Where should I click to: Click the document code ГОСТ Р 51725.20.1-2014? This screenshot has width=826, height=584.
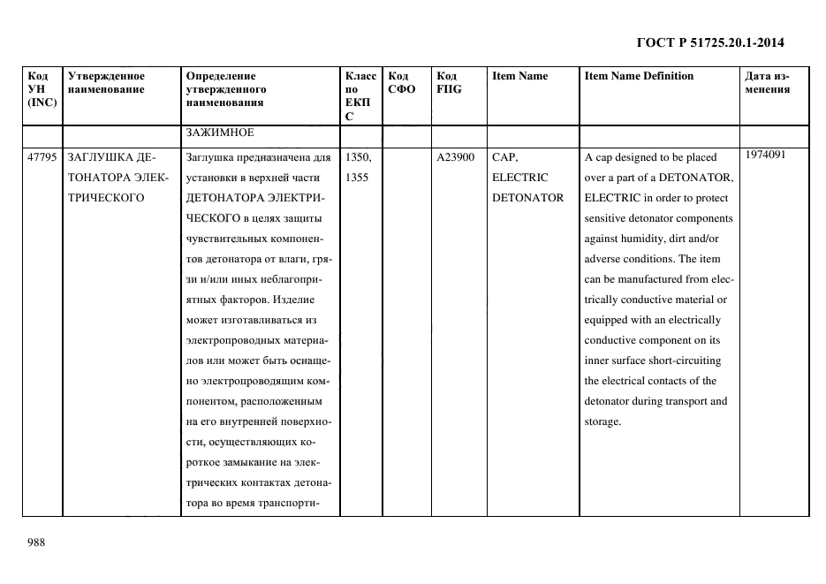tap(710, 42)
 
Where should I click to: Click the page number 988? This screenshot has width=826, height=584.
tap(36, 542)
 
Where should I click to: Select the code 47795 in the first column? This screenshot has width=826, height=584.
tap(42, 157)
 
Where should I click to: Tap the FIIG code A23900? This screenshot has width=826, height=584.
tap(456, 157)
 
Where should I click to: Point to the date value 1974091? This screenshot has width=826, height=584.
tap(767, 155)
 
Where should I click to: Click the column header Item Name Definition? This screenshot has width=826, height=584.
tap(639, 76)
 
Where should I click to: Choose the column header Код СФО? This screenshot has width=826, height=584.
tap(402, 82)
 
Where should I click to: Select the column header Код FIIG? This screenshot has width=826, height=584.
tap(449, 82)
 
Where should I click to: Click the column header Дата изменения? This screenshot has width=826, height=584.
tap(767, 82)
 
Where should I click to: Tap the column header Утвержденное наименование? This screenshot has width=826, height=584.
tap(106, 82)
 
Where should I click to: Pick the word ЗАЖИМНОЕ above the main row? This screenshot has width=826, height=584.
tap(220, 133)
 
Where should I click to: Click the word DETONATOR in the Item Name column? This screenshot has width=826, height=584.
tap(527, 198)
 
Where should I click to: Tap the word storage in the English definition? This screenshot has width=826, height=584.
tap(602, 421)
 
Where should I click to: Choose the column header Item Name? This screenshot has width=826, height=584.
tap(519, 76)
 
